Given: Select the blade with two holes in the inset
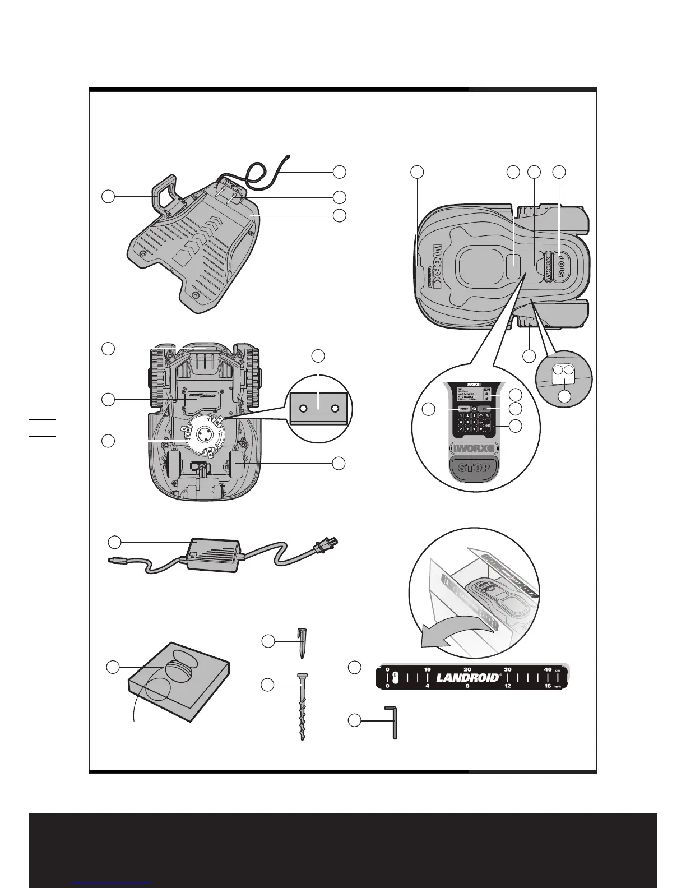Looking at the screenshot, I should click(318, 410).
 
